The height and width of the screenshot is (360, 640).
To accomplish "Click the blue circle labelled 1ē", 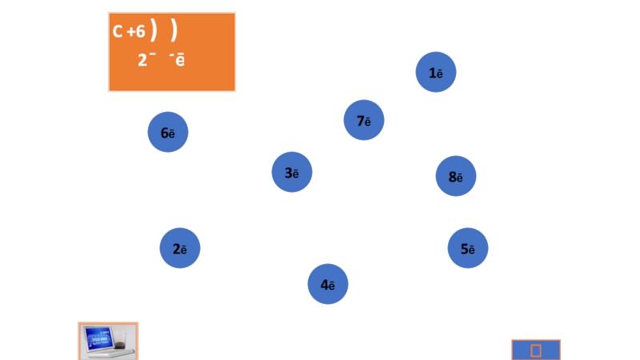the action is click(x=436, y=73).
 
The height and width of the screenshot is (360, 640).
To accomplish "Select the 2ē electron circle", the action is click(x=180, y=249).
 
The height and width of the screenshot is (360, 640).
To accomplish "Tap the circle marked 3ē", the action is click(x=292, y=173).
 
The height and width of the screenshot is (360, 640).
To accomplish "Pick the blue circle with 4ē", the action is click(x=328, y=284).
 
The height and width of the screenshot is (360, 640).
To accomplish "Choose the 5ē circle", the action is click(x=468, y=249).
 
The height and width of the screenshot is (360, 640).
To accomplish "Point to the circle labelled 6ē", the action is click(x=168, y=133).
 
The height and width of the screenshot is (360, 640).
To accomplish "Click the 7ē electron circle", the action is click(x=364, y=121).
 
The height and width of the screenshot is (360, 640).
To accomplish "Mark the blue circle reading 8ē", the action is click(x=456, y=177).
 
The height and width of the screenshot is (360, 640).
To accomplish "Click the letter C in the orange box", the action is click(x=117, y=32).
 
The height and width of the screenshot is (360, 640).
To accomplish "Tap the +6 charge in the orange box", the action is click(x=136, y=32).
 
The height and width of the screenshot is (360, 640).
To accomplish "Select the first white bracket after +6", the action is click(x=154, y=30).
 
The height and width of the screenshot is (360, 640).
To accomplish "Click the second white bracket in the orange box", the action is click(x=174, y=30).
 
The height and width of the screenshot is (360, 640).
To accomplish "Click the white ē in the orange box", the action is click(x=180, y=60).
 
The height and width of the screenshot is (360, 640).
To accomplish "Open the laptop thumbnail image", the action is click(x=108, y=342).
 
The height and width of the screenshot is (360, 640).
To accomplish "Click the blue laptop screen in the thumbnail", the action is click(x=100, y=338).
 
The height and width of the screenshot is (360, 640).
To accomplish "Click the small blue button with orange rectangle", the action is click(x=536, y=350).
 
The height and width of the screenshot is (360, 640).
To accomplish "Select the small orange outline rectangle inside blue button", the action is click(x=536, y=350).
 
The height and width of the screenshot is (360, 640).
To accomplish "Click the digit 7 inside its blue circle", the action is click(x=360, y=121).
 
